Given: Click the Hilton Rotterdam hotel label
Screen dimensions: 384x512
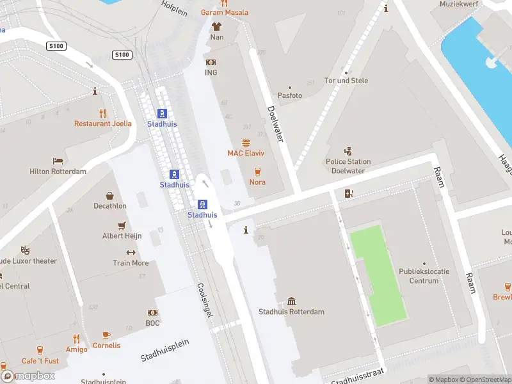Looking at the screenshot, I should click(58, 172).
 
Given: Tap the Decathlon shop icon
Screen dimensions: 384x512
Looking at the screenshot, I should click(109, 196).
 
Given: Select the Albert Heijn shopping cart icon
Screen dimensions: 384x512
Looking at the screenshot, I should click(122, 226).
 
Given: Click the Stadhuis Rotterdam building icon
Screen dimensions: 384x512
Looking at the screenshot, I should click(291, 301).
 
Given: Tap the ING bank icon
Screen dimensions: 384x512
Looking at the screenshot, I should click(211, 62).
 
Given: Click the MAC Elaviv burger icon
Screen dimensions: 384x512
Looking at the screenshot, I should click(246, 143).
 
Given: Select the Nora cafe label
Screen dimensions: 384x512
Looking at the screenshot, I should click(257, 182).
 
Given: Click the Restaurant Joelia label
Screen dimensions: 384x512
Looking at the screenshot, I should click(103, 124).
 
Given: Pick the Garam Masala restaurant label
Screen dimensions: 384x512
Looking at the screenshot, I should click(224, 13).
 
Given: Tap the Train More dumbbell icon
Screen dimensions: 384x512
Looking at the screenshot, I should click(131, 253).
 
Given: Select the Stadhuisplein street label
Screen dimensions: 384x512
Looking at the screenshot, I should click(165, 351).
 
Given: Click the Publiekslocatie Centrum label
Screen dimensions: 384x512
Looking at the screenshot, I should click(424, 276).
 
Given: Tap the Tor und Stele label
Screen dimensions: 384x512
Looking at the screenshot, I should click(346, 81).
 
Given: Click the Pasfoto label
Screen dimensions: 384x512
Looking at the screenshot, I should click(289, 96).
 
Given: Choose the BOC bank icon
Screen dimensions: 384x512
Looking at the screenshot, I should click(152, 313).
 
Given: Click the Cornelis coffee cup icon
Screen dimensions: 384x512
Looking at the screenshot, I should click(106, 335).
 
